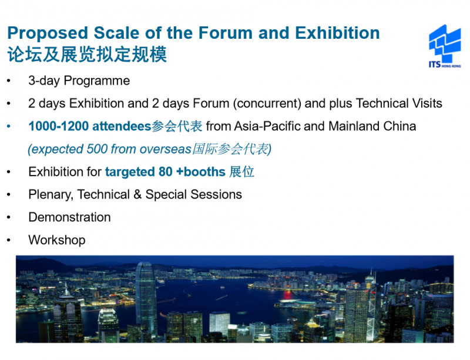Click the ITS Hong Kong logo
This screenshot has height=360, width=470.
coord(445,46)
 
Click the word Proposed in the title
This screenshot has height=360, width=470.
coord(48,33)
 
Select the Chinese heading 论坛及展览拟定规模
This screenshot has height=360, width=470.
coord(87,55)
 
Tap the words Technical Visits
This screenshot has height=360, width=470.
coord(399,103)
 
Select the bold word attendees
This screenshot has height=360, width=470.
coord(122,126)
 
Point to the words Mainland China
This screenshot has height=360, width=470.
coord(372,126)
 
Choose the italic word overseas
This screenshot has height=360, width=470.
coord(166,149)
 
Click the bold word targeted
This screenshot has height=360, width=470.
coord(130,172)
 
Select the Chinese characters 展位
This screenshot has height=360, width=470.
coord(242,171)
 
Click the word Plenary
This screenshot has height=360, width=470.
coord(51,195)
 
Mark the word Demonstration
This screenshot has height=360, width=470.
coord(69,217)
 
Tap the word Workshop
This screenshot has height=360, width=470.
coord(57,240)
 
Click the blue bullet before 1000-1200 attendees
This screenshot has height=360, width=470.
coord(9,126)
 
